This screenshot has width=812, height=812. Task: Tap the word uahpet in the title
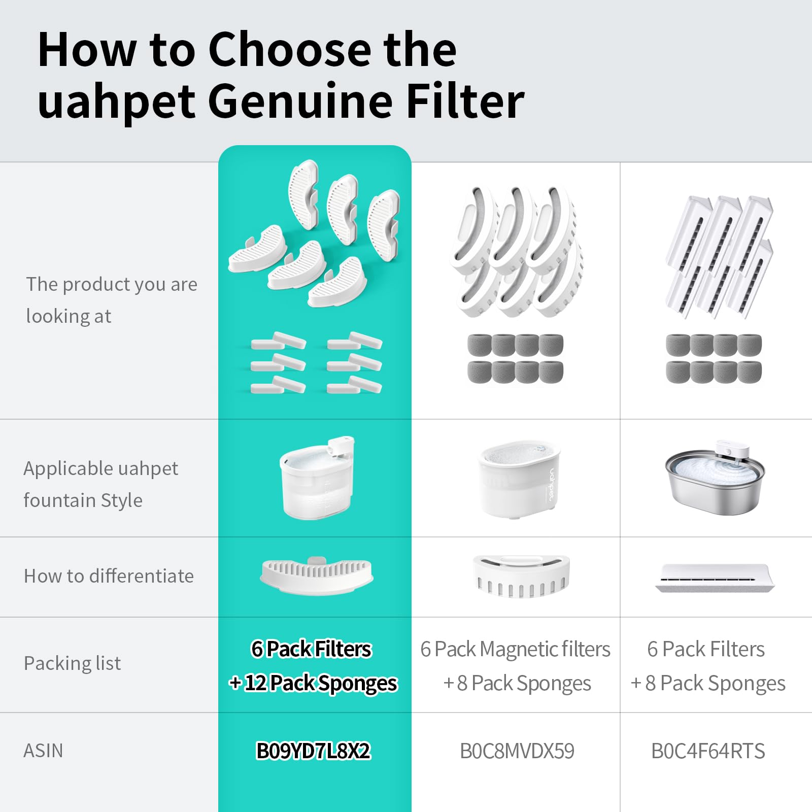coord(116,101)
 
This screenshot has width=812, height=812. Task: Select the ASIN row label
coord(44,751)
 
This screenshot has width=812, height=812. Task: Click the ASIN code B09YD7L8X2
coord(314,751)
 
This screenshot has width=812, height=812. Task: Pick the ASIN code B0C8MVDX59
coord(517,751)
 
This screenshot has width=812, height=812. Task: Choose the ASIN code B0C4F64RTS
coord(708,751)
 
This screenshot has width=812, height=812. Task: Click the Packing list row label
coord(73,663)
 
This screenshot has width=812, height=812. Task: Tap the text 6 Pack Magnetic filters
coord(515,649)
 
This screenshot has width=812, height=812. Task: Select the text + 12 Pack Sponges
coord(313,683)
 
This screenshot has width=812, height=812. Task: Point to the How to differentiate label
coord(109,576)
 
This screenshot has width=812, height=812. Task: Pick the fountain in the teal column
coord(317,477)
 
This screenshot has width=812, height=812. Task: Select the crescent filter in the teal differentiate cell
coord(317,576)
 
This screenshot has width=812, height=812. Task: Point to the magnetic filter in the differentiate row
coord(521,576)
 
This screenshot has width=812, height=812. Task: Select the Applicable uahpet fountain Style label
coord(101,484)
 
